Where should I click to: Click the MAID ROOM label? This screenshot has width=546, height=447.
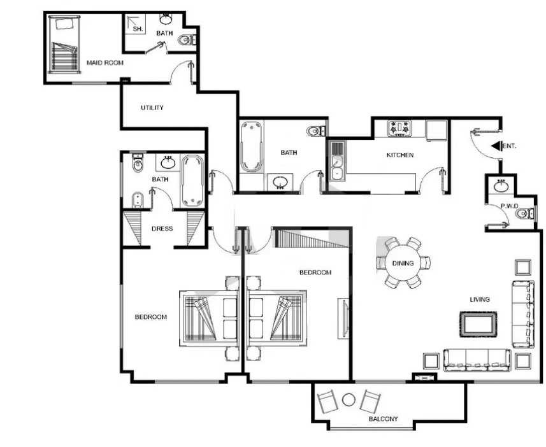(105, 63)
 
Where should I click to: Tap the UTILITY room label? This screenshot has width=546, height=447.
(152, 108)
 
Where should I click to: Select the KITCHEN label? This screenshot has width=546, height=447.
(400, 155)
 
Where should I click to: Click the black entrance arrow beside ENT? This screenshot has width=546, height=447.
(496, 146)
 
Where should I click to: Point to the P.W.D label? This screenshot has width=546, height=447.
(510, 206)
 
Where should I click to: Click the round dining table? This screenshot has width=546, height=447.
(403, 263)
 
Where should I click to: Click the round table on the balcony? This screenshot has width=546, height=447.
(348, 400)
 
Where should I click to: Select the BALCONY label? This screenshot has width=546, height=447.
(383, 419)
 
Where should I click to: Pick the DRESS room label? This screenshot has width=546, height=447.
(162, 229)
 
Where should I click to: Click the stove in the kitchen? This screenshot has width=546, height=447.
(399, 128)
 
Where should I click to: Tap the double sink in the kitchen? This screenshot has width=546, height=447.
(337, 161)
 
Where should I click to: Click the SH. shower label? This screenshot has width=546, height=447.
(138, 29)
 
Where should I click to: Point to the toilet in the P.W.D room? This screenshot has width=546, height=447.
(524, 213)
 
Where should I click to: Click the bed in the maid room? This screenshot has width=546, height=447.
(64, 45)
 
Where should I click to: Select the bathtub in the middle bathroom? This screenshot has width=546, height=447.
(251, 146)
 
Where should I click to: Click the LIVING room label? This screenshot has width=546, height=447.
(480, 299)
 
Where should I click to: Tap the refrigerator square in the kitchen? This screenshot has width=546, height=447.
(436, 131)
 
